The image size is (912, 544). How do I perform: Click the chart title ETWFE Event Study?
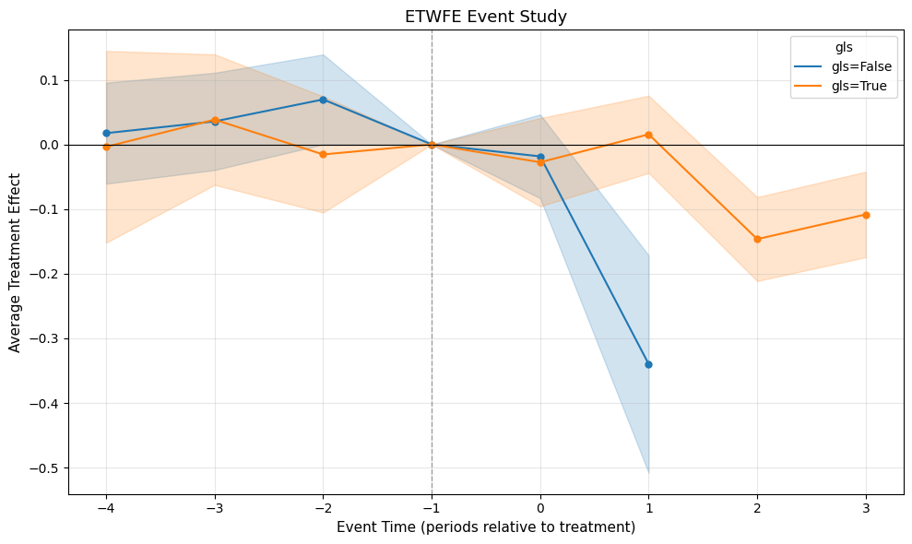tap(486, 16)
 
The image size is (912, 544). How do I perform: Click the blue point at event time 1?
tap(648, 364)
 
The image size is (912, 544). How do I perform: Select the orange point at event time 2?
tap(757, 239)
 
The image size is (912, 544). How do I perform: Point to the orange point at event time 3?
tap(866, 215)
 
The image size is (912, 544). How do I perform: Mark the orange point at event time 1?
tap(648, 135)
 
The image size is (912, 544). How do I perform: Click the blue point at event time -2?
tap(323, 100)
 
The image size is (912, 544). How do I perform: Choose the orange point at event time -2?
tap(323, 154)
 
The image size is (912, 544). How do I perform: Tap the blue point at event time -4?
tap(106, 133)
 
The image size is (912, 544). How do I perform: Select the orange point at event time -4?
tap(106, 147)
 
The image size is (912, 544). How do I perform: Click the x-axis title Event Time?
tap(486, 527)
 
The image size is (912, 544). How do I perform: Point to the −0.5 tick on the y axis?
tap(42, 468)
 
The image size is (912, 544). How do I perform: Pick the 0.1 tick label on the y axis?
tap(48, 80)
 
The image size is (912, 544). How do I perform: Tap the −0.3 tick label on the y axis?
tap(42, 339)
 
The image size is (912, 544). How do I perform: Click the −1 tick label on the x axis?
tap(431, 506)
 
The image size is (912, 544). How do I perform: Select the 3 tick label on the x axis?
tap(866, 506)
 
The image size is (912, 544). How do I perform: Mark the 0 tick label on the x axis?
tap(540, 506)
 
